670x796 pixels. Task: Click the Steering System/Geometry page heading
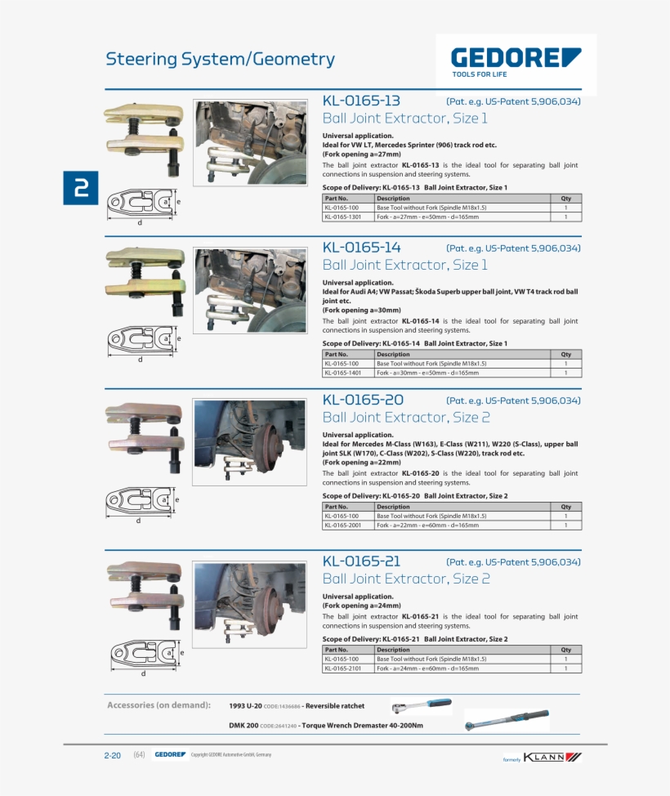pyautogui.click(x=220, y=59)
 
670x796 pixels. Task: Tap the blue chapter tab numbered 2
pyautogui.click(x=81, y=189)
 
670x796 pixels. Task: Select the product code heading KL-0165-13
pyautogui.click(x=361, y=101)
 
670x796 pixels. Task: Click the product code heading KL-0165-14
pyautogui.click(x=361, y=248)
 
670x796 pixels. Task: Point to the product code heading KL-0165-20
pyautogui.click(x=363, y=400)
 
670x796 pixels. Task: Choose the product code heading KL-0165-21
pyautogui.click(x=362, y=561)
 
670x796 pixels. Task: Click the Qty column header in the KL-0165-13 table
pyautogui.click(x=565, y=199)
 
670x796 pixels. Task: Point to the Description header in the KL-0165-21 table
pyautogui.click(x=393, y=650)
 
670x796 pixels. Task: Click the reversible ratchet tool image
pyautogui.click(x=421, y=704)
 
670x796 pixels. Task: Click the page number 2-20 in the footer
pyautogui.click(x=113, y=755)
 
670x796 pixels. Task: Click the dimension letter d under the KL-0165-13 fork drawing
pyautogui.click(x=139, y=223)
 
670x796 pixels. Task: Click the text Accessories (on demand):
pyautogui.click(x=159, y=704)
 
